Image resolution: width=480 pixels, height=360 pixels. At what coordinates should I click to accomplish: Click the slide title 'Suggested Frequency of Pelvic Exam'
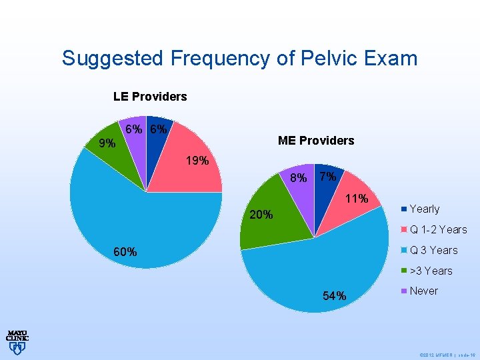click(239, 58)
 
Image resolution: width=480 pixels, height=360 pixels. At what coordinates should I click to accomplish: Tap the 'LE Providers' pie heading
click(150, 97)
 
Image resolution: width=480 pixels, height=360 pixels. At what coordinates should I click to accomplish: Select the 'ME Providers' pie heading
click(316, 141)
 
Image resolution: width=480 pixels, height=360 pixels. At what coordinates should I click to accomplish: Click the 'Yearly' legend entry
click(424, 209)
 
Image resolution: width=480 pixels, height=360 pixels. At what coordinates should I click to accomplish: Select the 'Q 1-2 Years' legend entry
click(438, 229)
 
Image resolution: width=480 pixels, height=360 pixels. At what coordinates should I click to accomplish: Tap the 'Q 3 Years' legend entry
click(433, 250)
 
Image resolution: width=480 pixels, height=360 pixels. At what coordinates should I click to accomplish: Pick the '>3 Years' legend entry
click(431, 271)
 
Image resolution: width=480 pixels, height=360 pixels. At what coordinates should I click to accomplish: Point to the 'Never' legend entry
click(423, 291)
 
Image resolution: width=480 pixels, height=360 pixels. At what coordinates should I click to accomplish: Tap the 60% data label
click(125, 252)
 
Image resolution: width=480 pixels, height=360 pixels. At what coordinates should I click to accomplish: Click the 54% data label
click(334, 296)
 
